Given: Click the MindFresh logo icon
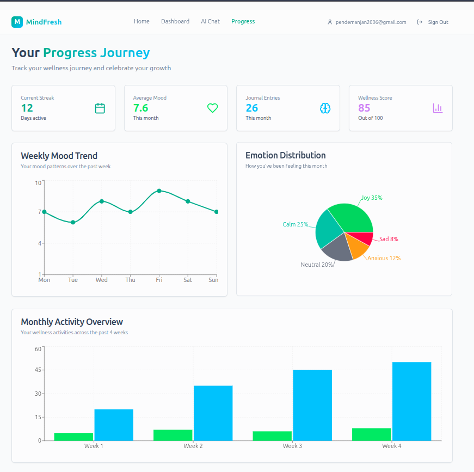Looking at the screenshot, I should pos(17,22).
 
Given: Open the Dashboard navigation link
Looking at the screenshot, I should pos(175,22).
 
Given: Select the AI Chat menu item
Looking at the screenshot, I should pos(210,22).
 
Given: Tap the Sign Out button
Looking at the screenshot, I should pos(433,22).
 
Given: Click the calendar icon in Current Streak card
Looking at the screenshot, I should pos(100,108).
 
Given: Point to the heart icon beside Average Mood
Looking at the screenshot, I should pos(212,108).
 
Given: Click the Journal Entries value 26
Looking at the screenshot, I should pos(252,108).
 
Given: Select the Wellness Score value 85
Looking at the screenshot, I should pos(364,108).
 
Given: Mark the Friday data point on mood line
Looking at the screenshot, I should pos(159,191).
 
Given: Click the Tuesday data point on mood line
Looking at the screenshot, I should pos(73,222).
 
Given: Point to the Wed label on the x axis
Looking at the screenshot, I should pos(102,280).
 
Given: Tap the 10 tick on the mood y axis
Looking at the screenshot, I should pos(38,183).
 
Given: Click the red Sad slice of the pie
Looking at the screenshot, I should pos(362,238).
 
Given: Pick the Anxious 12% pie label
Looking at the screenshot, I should pos(384,258).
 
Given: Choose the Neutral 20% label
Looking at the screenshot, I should pos(317,265).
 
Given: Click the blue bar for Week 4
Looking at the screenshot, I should pos(411,401).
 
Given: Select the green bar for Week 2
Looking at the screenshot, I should pos(173,435).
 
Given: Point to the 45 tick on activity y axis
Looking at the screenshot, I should pos(38,370).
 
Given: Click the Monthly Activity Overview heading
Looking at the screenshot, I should pos(72,322).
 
